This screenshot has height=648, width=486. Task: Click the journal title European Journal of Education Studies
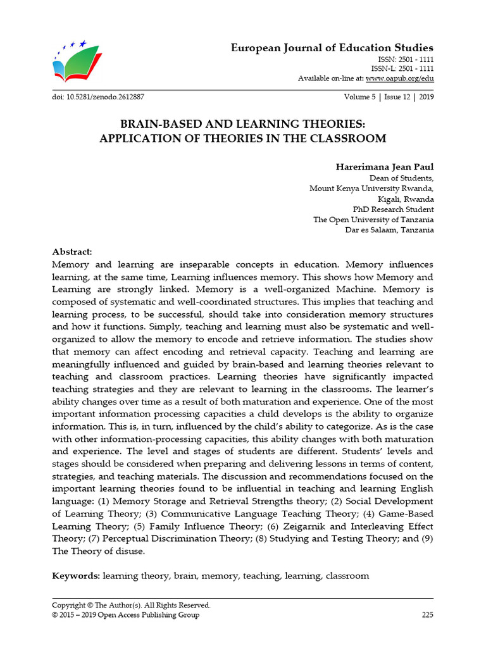332,48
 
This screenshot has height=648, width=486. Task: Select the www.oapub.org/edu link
399,78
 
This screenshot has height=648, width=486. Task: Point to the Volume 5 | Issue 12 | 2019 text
389,97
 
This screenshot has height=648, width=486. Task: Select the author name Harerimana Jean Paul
384,167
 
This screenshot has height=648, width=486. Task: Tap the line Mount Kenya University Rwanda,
371,189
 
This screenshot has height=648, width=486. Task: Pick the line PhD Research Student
393,209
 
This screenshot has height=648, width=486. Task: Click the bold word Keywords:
75,576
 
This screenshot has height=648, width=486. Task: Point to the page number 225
427,614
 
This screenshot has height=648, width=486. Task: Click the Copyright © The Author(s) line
131,605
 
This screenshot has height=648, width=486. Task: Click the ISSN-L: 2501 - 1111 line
402,68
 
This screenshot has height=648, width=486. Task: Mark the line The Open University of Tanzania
373,220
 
